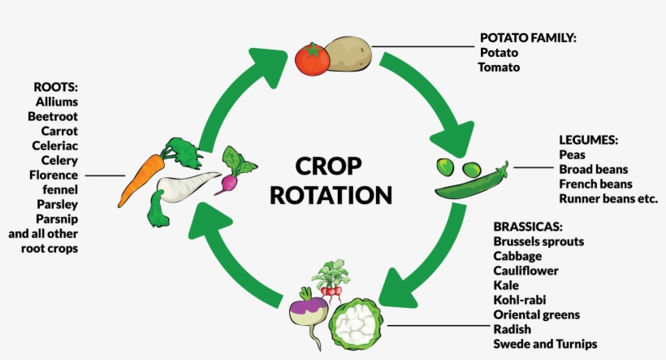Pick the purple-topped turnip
[309, 309]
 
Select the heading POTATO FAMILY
[528, 37]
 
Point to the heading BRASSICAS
[528, 227]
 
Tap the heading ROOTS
[56, 87]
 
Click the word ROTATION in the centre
[331, 195]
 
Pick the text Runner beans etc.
[608, 198]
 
